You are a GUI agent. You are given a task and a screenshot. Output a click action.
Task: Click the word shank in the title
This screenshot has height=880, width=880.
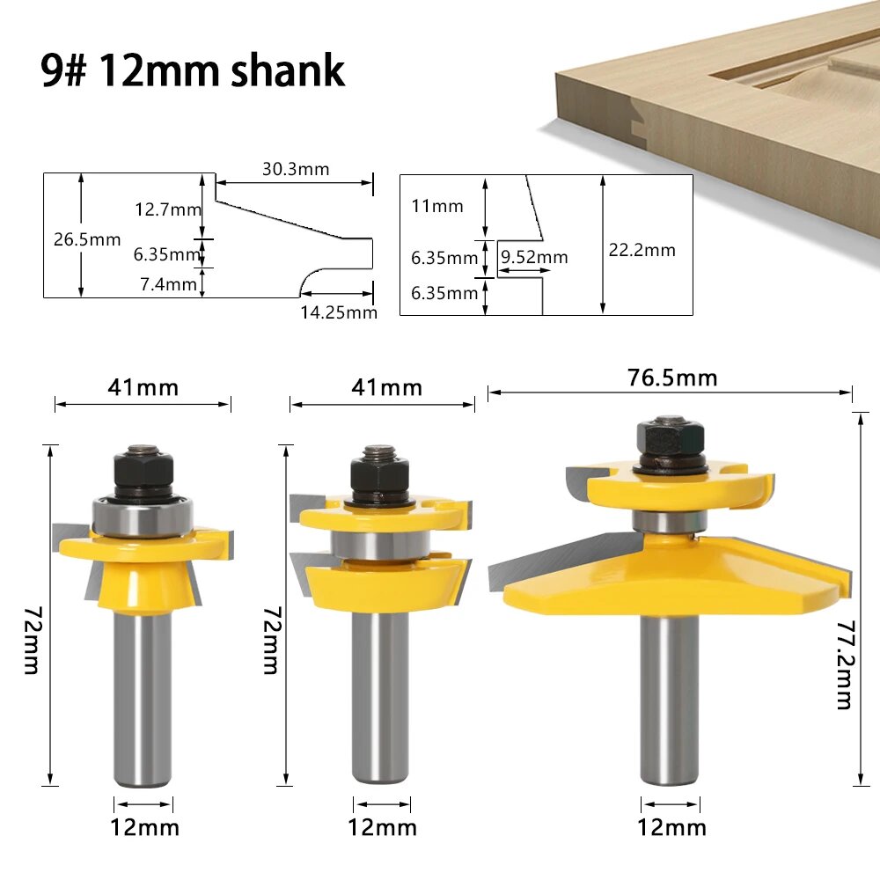coord(288,70)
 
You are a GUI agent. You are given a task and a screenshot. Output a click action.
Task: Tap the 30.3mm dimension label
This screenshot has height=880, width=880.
coord(296,169)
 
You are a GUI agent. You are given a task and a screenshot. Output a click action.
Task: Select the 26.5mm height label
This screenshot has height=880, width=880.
coord(87,239)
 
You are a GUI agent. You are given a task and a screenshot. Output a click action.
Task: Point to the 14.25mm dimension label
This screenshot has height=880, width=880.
coord(339,312)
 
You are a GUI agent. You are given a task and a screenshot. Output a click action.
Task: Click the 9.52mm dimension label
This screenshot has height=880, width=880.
coord(534,257)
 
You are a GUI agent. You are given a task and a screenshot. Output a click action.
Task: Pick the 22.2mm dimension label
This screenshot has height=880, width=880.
coord(642,250)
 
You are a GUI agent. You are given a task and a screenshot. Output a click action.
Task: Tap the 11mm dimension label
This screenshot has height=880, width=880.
coord(437,206)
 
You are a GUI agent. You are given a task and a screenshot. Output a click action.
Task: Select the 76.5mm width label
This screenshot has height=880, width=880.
coord(672,378)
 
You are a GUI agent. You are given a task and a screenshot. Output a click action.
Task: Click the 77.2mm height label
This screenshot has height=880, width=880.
coord(845,664)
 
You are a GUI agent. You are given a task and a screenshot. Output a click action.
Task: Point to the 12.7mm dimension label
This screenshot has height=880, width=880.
coord(168,209)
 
